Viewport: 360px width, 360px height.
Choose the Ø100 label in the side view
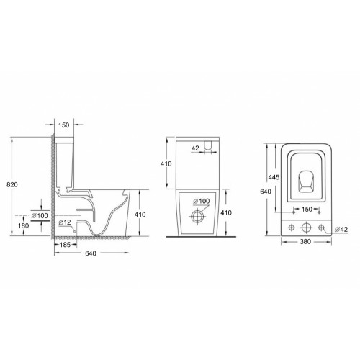42,215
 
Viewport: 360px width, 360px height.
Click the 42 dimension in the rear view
195,148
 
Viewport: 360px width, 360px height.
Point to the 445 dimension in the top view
274,177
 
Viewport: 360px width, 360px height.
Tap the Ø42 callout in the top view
344,230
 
